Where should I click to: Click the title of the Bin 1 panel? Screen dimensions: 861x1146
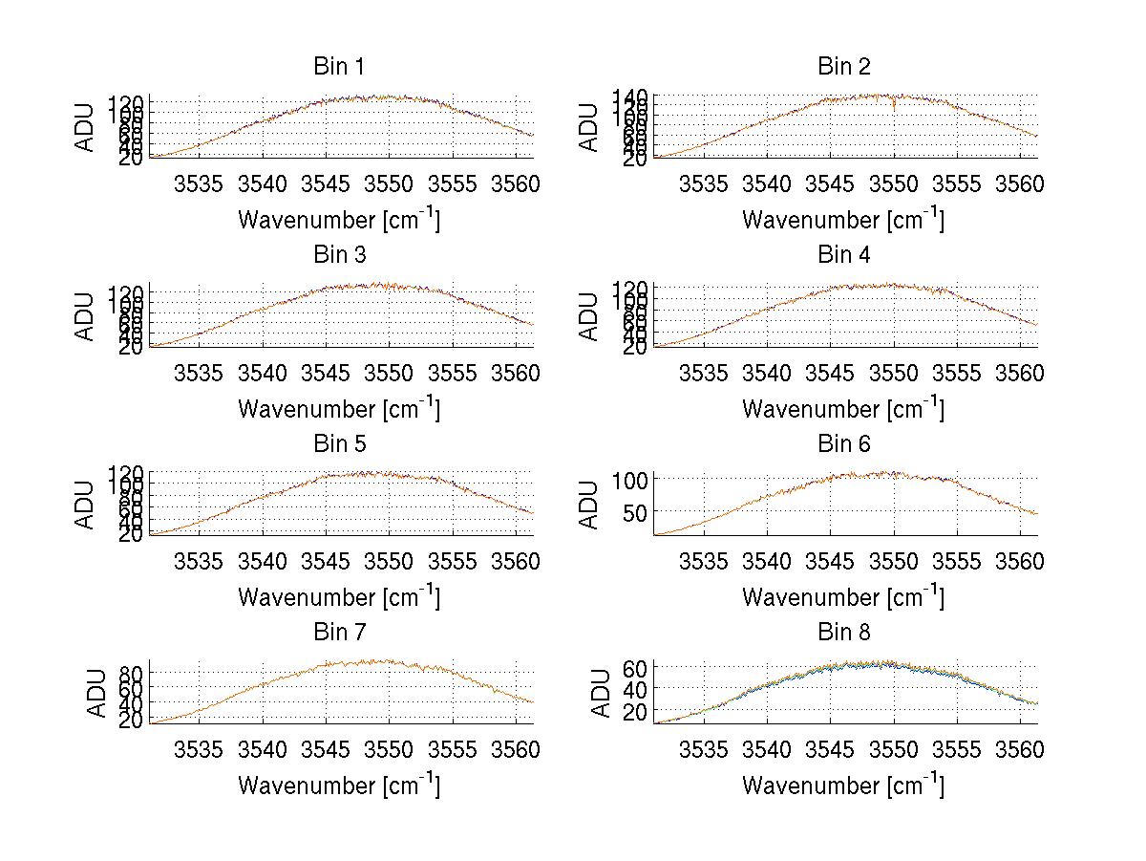click(338, 67)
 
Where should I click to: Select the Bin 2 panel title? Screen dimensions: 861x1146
click(843, 67)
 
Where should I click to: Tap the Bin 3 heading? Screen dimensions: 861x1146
click(338, 255)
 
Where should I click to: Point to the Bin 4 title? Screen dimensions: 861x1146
click(843, 255)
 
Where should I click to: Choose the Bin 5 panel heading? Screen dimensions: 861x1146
click(338, 444)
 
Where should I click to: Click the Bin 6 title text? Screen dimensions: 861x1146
click(843, 444)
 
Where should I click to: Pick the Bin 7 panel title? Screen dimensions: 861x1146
click(338, 633)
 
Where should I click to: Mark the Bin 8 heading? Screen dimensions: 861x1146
click(843, 633)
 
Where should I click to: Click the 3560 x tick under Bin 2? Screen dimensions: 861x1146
click(1021, 183)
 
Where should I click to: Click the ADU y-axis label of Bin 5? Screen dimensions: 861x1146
click(86, 504)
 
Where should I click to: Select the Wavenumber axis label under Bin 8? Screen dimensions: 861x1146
click(843, 785)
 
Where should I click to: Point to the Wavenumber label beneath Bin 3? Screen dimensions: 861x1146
click(338, 408)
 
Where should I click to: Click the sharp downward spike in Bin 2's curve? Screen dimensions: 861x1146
click(894, 106)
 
